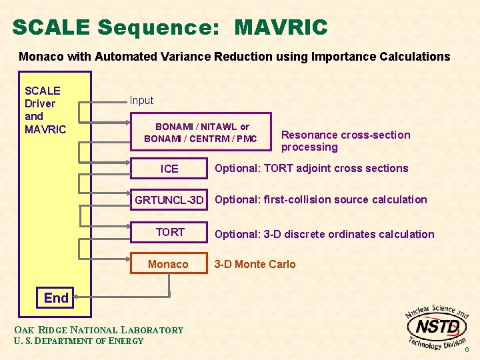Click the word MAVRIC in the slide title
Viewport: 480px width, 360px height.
[281, 27]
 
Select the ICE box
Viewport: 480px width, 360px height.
[169, 169]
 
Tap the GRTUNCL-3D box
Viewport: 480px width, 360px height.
[169, 200]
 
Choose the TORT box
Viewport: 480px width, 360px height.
[169, 232]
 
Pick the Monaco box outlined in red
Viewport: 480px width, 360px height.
[169, 264]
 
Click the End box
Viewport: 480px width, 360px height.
[56, 298]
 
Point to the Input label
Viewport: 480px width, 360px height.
[141, 101]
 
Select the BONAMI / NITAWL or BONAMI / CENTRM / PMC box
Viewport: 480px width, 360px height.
[201, 132]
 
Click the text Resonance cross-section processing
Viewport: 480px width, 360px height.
[345, 141]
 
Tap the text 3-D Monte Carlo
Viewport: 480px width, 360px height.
[255, 264]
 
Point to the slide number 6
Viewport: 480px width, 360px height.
[467, 350]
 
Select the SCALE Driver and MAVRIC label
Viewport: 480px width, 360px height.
[45, 110]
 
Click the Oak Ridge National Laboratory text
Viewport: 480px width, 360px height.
[98, 329]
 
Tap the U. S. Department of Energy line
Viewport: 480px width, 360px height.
[78, 341]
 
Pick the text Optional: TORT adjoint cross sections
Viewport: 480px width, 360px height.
[311, 168]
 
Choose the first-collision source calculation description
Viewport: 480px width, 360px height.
[321, 199]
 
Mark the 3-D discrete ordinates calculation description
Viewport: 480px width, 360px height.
[324, 234]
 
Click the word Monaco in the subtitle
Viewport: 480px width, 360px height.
[41, 57]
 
